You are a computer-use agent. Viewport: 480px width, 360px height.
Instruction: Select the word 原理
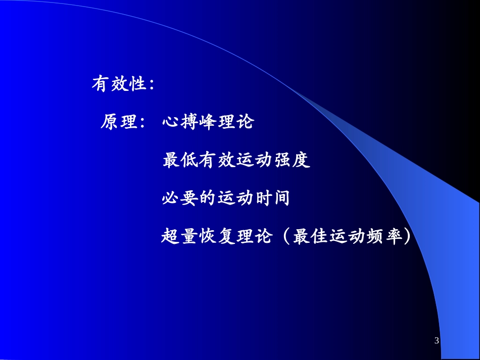coord(119,122)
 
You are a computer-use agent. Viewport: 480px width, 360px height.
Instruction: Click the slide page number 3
coord(437,341)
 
